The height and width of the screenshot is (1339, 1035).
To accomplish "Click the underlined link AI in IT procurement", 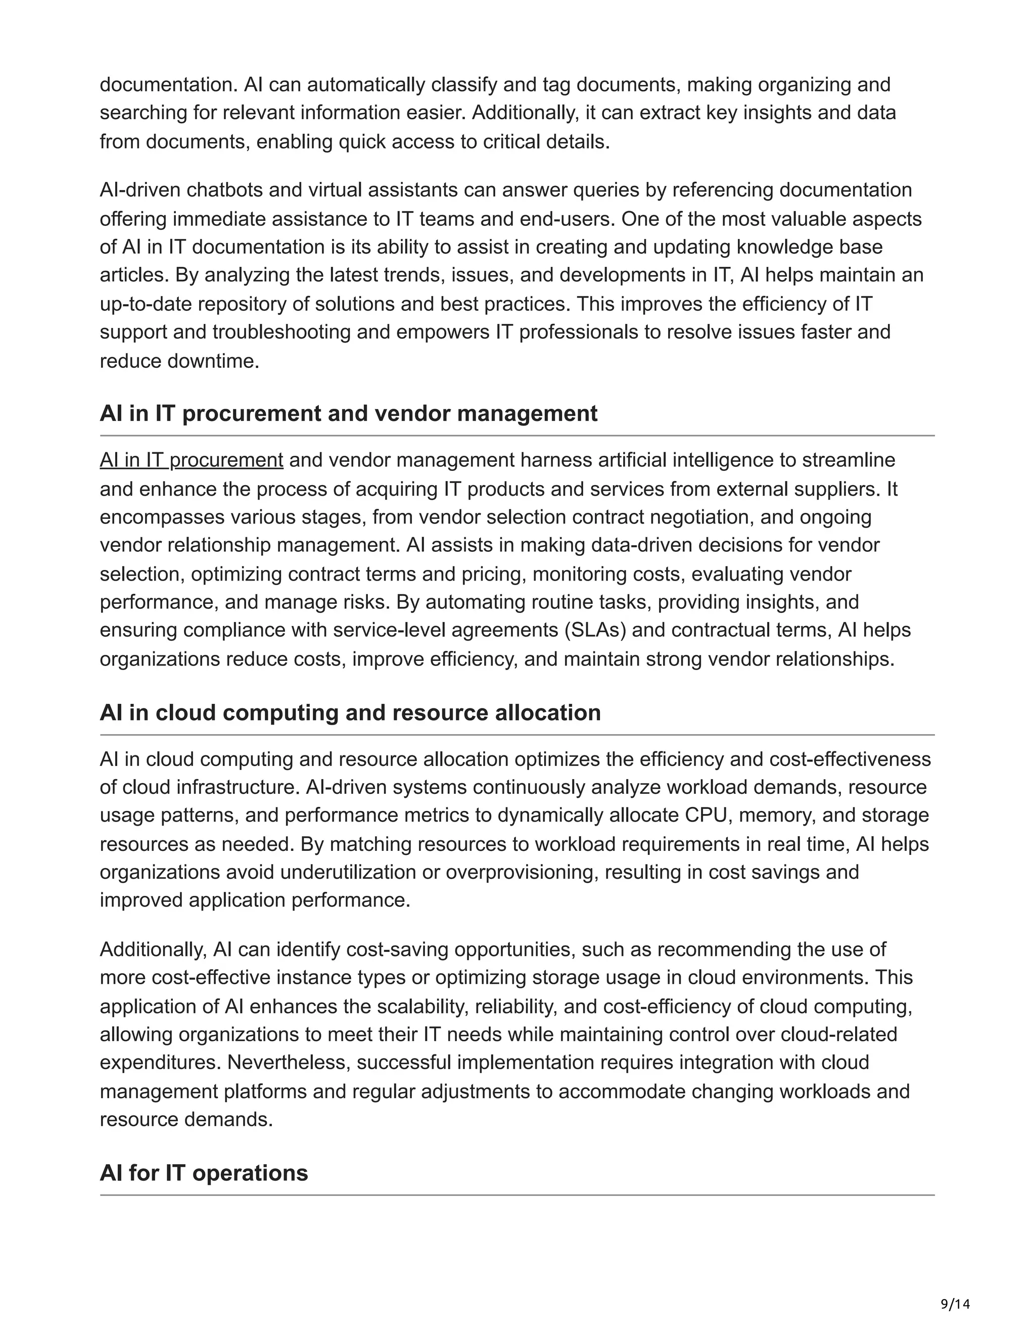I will (x=192, y=460).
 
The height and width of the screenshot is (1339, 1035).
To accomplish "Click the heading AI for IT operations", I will (x=204, y=1173).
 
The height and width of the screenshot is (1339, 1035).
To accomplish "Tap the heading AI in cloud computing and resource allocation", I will (x=350, y=712).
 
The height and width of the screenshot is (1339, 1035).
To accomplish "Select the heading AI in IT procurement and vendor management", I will (x=348, y=414).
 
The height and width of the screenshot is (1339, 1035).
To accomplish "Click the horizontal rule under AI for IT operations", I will (x=517, y=1195).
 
